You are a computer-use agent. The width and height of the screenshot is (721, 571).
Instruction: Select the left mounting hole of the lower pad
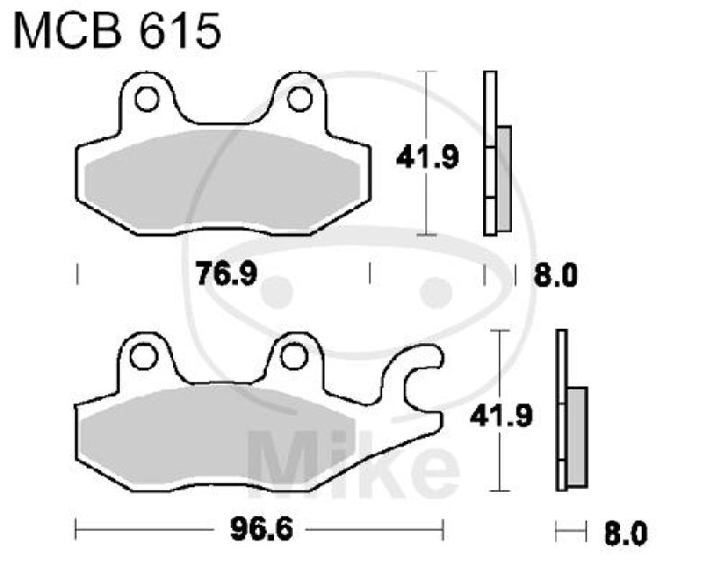(x=141, y=357)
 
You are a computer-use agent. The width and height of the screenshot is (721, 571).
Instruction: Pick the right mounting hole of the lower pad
(x=290, y=357)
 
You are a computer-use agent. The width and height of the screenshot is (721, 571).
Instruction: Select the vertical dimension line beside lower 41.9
(x=497, y=360)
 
